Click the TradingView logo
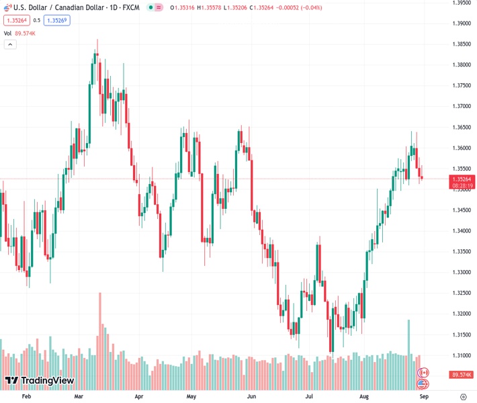[x=39, y=381]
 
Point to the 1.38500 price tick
[x=461, y=44]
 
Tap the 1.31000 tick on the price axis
[x=461, y=355]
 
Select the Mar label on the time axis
[x=79, y=396]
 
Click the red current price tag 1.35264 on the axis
[x=462, y=179]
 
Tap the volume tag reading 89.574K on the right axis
[x=462, y=374]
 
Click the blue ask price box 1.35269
[x=57, y=20]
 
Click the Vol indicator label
[x=7, y=33]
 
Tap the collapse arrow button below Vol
[x=10, y=44]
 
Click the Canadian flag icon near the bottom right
[x=423, y=372]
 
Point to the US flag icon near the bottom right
[x=423, y=384]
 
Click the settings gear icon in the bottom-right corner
[x=464, y=396]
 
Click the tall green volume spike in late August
[x=408, y=343]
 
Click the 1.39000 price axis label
[x=461, y=24]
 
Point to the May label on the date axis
[x=191, y=396]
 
